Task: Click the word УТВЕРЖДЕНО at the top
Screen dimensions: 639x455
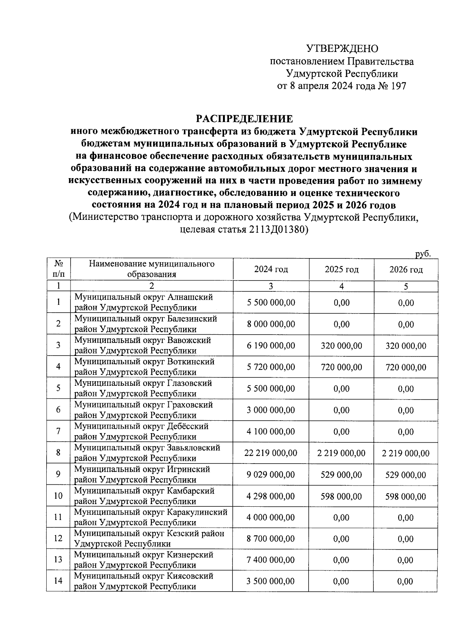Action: click(342, 49)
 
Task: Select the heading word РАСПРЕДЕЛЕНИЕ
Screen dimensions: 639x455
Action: click(245, 119)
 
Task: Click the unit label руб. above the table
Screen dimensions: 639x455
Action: click(423, 254)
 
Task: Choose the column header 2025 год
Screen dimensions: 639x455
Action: click(341, 269)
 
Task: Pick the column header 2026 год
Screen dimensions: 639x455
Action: click(406, 269)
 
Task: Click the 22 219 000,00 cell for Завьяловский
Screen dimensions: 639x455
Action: click(271, 453)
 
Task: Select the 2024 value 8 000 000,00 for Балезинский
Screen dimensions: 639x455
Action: click(271, 324)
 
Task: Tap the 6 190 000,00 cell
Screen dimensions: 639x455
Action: click(271, 346)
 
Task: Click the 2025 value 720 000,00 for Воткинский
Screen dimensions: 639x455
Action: click(341, 367)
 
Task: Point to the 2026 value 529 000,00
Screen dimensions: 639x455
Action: click(406, 475)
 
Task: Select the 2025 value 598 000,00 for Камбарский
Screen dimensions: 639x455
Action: click(341, 496)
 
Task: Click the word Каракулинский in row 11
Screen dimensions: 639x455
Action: click(197, 512)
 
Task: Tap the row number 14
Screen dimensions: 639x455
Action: click(58, 581)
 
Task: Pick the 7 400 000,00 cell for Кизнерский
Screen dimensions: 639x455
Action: click(271, 560)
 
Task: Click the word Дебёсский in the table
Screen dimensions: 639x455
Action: click(188, 426)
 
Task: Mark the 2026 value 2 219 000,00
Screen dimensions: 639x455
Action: click(406, 453)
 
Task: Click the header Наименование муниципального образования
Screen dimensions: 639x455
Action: click(152, 269)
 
